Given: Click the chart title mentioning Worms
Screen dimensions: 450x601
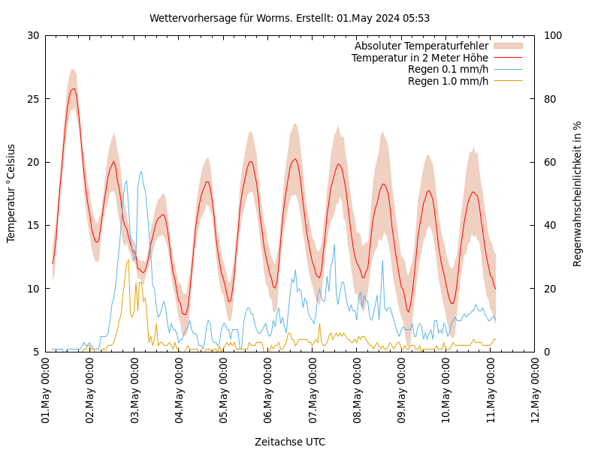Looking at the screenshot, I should click(x=289, y=18).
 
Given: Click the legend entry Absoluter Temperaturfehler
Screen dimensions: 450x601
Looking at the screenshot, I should click(x=421, y=46).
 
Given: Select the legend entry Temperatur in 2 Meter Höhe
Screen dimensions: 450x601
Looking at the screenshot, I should click(x=420, y=58).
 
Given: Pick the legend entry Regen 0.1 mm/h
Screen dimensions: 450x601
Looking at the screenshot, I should click(x=448, y=69).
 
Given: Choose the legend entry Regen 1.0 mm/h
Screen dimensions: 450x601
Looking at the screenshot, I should click(x=448, y=81).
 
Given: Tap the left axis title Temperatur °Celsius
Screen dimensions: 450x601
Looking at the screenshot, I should click(x=11, y=193).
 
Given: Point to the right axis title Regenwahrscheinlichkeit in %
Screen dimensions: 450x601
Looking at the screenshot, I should click(x=578, y=193).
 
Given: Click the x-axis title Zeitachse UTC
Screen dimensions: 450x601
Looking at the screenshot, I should click(x=290, y=442).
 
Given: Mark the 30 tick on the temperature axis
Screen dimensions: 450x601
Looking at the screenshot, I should click(x=32, y=35).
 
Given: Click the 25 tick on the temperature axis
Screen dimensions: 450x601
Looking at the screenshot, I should click(x=32, y=98).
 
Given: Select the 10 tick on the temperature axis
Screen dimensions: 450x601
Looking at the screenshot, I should click(x=32, y=289).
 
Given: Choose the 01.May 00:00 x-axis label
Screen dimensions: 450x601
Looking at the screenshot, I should click(x=46, y=389).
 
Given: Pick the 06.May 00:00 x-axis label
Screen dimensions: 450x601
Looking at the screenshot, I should click(x=268, y=389).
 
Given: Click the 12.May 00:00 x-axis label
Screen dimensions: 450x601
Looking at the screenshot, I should click(x=536, y=389).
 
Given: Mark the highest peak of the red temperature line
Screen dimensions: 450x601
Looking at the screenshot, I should click(x=73, y=88).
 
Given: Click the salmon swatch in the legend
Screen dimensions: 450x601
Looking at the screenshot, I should click(x=507, y=46).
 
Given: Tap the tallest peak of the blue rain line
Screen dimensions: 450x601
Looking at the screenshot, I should click(x=140, y=171).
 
